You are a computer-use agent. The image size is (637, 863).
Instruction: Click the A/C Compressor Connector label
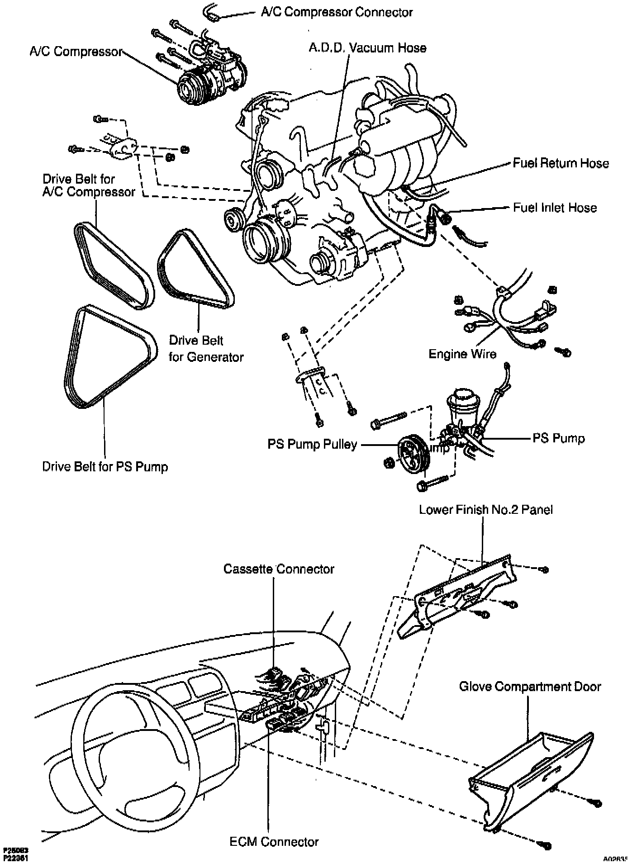pyautogui.click(x=337, y=12)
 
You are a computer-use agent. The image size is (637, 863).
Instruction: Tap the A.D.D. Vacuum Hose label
pyautogui.click(x=367, y=48)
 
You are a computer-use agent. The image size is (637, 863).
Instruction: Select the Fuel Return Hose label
pyautogui.click(x=561, y=163)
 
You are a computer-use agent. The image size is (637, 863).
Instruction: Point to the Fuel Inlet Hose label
pyautogui.click(x=555, y=208)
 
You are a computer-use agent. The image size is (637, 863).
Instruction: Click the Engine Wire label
pyautogui.click(x=462, y=354)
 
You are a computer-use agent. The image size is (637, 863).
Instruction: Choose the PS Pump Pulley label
pyautogui.click(x=312, y=445)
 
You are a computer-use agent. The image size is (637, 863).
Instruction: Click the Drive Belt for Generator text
pyautogui.click(x=206, y=349)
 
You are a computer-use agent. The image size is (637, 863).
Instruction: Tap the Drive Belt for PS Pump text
pyautogui.click(x=105, y=466)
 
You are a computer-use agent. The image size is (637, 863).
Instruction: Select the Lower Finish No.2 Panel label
pyautogui.click(x=485, y=510)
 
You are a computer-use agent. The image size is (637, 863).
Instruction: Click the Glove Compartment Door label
pyautogui.click(x=530, y=686)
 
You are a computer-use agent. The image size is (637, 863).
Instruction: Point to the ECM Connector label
pyautogui.click(x=274, y=842)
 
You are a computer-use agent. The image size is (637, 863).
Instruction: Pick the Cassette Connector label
pyautogui.click(x=279, y=569)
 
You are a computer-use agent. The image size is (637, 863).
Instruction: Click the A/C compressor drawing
pyautogui.click(x=208, y=77)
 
